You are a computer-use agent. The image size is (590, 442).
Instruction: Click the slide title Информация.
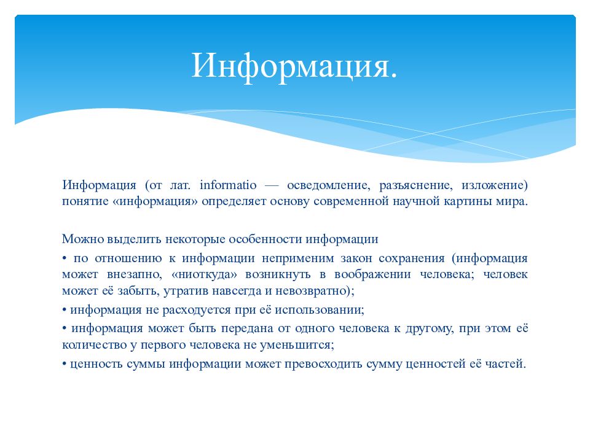294,66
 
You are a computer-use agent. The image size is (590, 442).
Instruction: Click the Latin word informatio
228,185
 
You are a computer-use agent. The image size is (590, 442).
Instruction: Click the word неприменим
297,258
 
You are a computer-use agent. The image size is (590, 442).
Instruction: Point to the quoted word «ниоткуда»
204,275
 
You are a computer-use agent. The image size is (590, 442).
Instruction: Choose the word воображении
372,275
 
